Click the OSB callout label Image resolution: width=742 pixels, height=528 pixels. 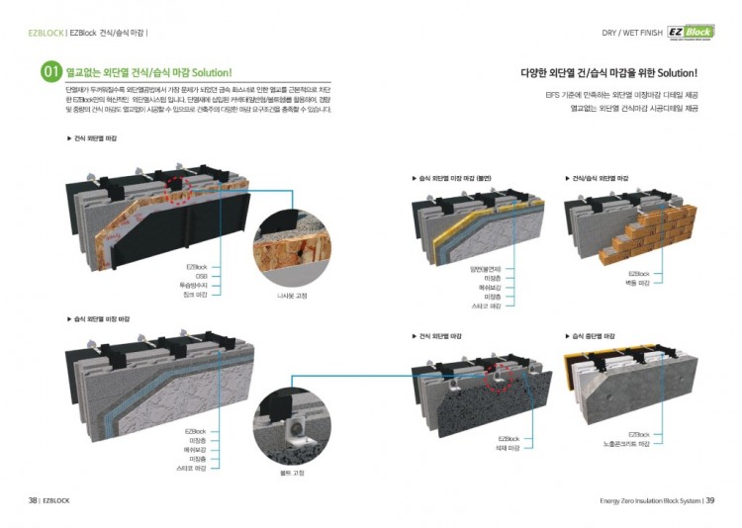(201, 276)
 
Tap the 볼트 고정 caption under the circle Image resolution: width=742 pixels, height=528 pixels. (292, 473)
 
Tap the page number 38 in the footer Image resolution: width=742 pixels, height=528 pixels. (33, 499)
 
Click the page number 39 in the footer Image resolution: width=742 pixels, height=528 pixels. (709, 499)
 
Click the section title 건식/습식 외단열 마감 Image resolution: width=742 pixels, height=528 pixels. (600, 178)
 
